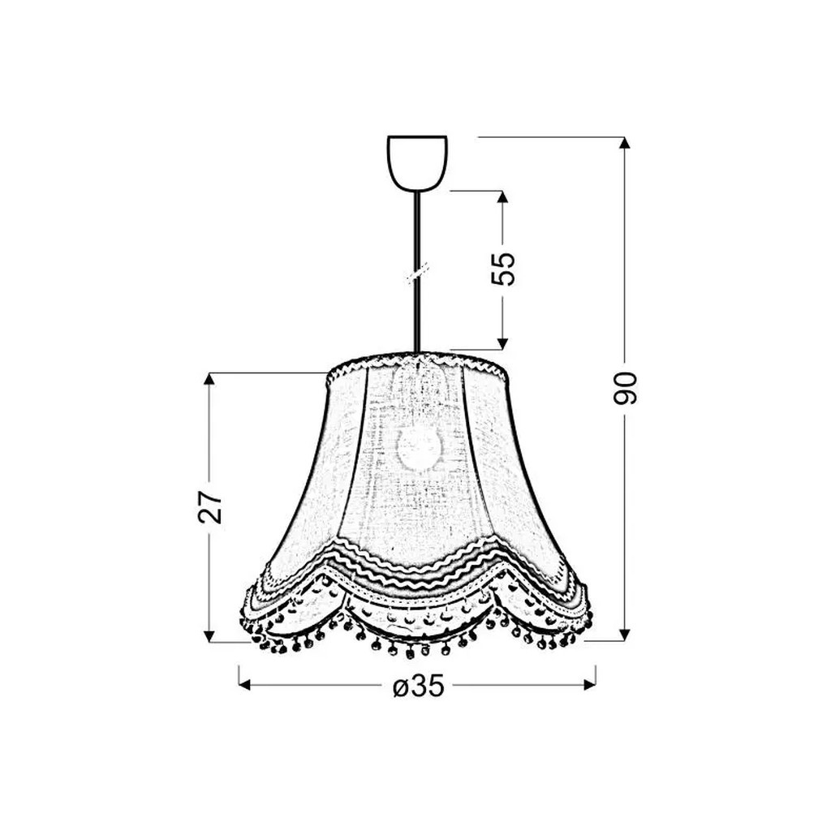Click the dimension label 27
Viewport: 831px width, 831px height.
click(210, 507)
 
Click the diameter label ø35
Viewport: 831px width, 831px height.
click(418, 687)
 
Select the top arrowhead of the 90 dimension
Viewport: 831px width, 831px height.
click(625, 143)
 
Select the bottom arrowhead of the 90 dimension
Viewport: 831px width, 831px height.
click(625, 634)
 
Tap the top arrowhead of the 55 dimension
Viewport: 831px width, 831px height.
click(502, 197)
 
